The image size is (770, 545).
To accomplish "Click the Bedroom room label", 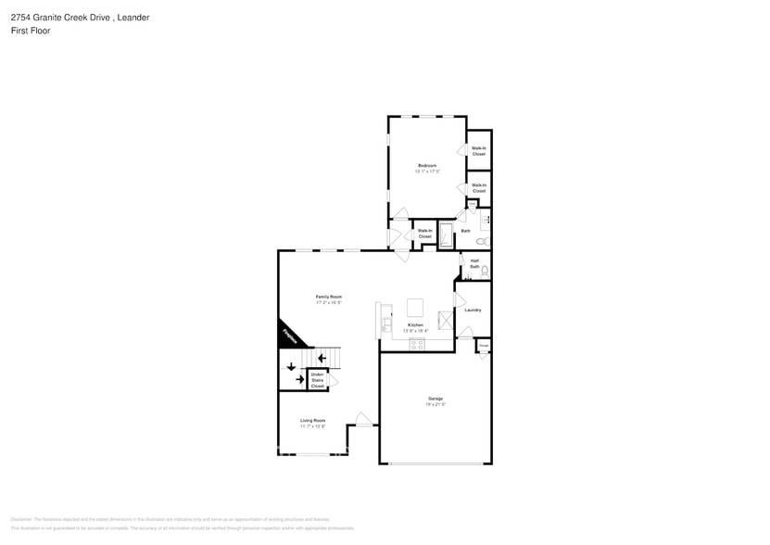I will coord(426,166).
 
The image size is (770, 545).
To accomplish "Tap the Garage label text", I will coord(435,399).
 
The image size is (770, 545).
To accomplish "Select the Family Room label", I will coord(329,297).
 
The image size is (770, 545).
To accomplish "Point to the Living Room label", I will coord(312,420).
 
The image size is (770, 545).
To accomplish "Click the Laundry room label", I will coord(473,310).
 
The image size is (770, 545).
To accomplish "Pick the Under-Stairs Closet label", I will coord(318,380).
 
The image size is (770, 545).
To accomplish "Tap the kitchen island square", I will coord(415,307).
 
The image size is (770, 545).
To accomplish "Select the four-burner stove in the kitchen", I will coord(417,344).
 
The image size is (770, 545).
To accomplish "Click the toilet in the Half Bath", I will coord(485,271).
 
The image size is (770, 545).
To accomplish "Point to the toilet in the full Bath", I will coord(481,241).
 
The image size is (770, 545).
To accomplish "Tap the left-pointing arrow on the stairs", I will coord(322,358).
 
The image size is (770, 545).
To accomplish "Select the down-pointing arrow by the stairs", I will coord(291,366).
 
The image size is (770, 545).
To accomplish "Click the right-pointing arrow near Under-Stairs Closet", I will coord(299,379).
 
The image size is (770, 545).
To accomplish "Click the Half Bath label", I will coord(474,264).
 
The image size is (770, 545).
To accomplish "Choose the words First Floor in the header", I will coord(32,31).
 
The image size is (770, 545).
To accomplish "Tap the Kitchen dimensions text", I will coord(414,331).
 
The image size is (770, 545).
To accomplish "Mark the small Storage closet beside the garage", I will coord(484,346).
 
